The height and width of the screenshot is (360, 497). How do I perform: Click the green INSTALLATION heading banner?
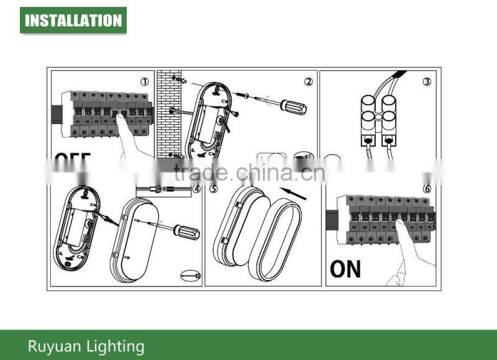73,20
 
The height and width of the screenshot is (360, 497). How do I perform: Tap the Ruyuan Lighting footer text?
86,346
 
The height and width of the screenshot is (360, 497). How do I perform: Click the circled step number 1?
145,81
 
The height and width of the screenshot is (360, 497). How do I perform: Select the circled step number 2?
308,81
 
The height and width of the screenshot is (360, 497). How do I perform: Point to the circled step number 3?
427,81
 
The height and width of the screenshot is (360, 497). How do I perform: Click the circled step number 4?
196,188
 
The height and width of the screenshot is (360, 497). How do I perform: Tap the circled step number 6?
427,188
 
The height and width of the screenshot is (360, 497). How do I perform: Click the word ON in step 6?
345,269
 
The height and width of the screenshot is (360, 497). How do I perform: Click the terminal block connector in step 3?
380,118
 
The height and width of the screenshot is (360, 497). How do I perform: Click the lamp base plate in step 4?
76,227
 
